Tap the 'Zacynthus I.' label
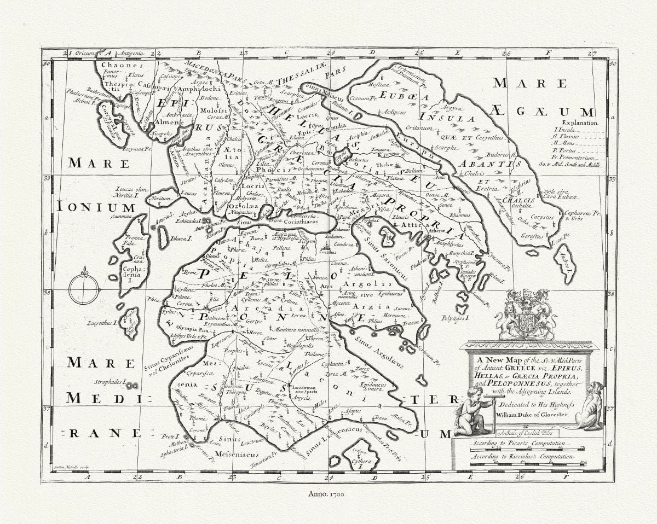pyautogui.click(x=102, y=323)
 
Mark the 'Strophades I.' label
pyautogui.click(x=109, y=382)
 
